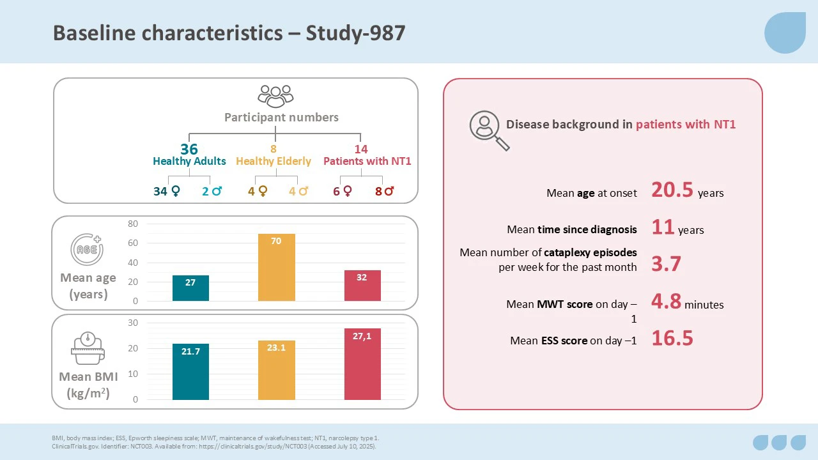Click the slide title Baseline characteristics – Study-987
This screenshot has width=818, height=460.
(x=229, y=33)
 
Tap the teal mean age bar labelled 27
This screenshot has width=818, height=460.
(x=190, y=288)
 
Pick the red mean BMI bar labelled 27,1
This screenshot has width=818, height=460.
(x=362, y=364)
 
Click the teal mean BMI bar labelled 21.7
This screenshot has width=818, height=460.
(x=190, y=372)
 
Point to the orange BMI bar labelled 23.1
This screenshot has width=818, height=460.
(x=276, y=371)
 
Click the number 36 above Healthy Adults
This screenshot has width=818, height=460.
(x=189, y=149)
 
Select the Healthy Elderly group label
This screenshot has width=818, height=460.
(x=274, y=162)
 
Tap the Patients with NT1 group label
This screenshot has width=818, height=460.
(x=367, y=162)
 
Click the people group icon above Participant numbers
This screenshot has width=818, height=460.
(x=275, y=96)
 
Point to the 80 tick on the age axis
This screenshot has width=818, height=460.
(x=133, y=224)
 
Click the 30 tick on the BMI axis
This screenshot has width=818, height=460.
(x=133, y=323)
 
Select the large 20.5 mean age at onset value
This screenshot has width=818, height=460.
(x=672, y=190)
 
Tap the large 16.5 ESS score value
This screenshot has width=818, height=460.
(x=672, y=339)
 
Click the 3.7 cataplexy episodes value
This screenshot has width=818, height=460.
(x=666, y=264)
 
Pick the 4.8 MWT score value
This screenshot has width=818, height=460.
(x=666, y=301)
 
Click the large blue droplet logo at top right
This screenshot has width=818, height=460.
(x=785, y=33)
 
